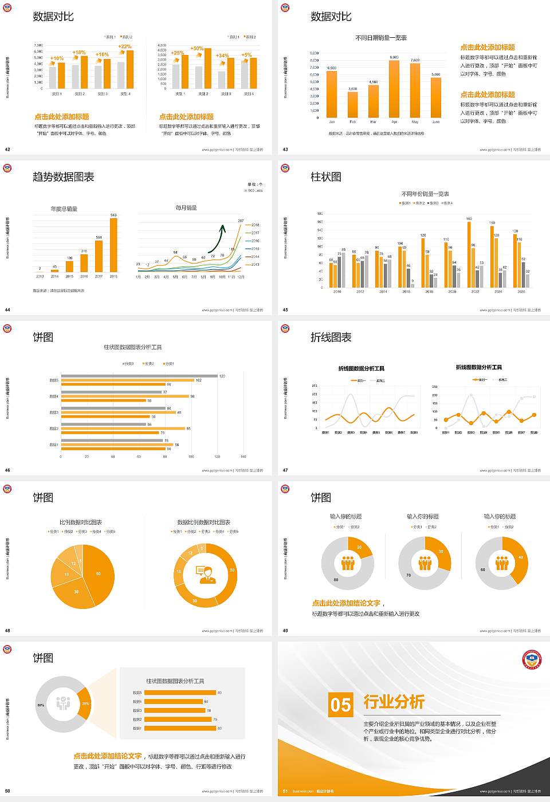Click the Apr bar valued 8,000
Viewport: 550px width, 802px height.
point(394,88)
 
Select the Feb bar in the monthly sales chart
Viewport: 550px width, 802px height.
point(352,104)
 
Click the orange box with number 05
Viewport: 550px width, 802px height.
point(340,705)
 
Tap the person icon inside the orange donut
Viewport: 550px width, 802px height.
point(205,574)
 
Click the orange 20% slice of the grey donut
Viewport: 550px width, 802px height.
point(85,703)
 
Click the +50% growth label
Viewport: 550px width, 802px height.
point(197,49)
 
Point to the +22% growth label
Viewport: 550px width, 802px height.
point(125,46)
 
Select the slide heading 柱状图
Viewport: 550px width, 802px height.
point(326,177)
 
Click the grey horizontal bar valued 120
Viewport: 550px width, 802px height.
point(139,376)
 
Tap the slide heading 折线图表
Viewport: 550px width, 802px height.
point(331,337)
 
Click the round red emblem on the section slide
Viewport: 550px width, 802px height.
point(532,659)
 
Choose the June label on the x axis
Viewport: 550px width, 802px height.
point(436,122)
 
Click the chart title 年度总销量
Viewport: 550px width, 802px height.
point(64,209)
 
